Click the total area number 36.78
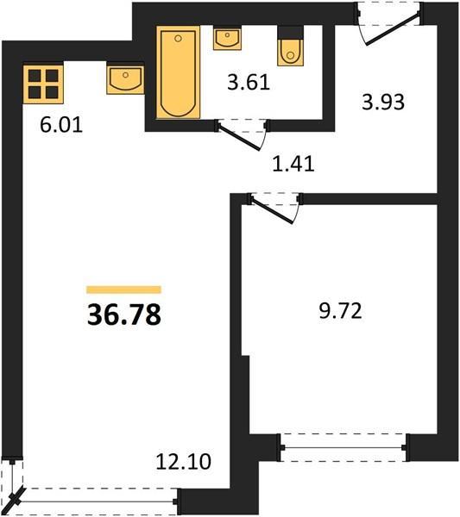pyautogui.click(x=124, y=315)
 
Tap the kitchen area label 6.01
pyautogui.click(x=61, y=125)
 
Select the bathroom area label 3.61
pyautogui.click(x=249, y=83)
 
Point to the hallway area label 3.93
pyautogui.click(x=383, y=102)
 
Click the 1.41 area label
pyautogui.click(x=293, y=164)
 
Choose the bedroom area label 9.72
pyautogui.click(x=340, y=311)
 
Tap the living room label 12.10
pyautogui.click(x=183, y=462)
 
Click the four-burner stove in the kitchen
pyautogui.click(x=43, y=84)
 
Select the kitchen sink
pyautogui.click(x=125, y=80)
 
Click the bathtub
pyautogui.click(x=179, y=72)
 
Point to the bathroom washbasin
pyautogui.click(x=227, y=39)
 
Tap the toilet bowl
pyautogui.click(x=290, y=53)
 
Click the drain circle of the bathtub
pyautogui.click(x=178, y=39)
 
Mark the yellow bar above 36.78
pyautogui.click(x=123, y=290)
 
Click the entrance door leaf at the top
pyautogui.click(x=393, y=28)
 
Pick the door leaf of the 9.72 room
pyautogui.click(x=272, y=209)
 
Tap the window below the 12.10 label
pyautogui.click(x=96, y=501)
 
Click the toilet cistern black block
pyautogui.click(x=291, y=33)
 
